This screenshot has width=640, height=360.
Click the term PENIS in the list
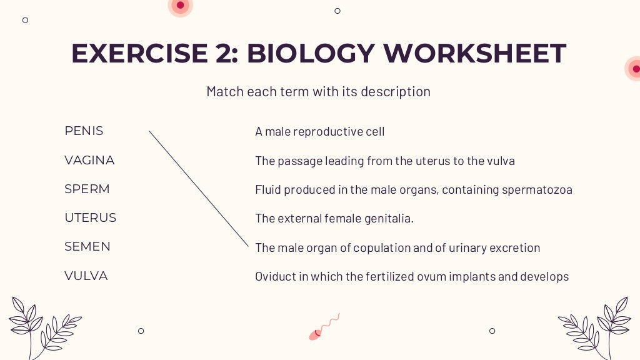pyautogui.click(x=84, y=131)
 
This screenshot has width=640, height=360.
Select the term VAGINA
pyautogui.click(x=89, y=161)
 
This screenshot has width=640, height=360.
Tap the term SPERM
pyautogui.click(x=87, y=189)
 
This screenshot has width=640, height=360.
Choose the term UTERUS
pyautogui.click(x=90, y=218)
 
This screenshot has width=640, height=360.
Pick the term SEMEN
pyautogui.click(x=87, y=247)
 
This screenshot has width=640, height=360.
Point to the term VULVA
pyautogui.click(x=86, y=276)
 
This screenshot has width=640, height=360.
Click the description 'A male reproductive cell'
pyautogui.click(x=319, y=132)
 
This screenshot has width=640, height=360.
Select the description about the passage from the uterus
pyautogui.click(x=385, y=161)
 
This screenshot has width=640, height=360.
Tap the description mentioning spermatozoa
pyautogui.click(x=413, y=190)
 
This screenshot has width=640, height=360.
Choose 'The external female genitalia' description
pyautogui.click(x=334, y=219)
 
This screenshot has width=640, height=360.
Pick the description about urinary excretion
pyautogui.click(x=397, y=248)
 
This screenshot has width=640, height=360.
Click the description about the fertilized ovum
pyautogui.click(x=412, y=276)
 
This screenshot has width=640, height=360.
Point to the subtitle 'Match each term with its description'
pyautogui.click(x=318, y=92)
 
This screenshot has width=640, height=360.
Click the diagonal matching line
pyautogui.click(x=199, y=188)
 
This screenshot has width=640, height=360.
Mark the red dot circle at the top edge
pyautogui.click(x=180, y=6)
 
